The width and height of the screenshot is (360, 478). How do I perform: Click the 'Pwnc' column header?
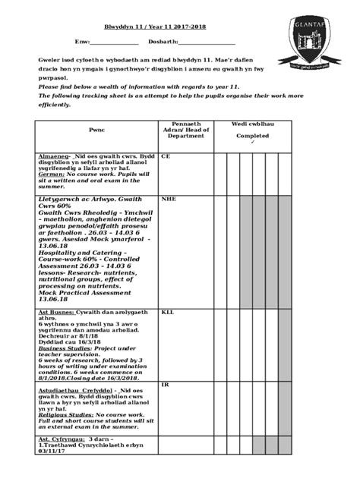click(x=96, y=131)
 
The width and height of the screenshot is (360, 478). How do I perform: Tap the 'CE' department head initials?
click(x=166, y=156)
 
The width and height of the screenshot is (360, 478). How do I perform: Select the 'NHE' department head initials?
click(x=168, y=199)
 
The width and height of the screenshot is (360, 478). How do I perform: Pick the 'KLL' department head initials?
click(x=167, y=312)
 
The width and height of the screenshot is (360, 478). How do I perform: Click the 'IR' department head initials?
click(x=165, y=385)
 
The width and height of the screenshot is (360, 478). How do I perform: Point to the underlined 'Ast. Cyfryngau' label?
click(x=62, y=439)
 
